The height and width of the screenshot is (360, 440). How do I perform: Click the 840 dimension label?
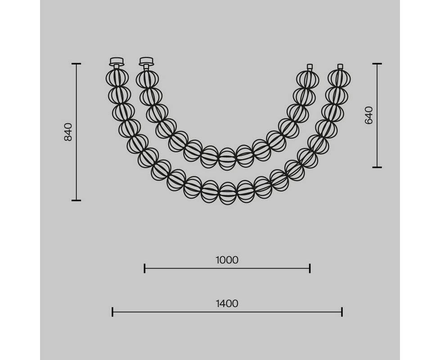coord(68,132)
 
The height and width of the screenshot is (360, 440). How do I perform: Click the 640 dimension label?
coord(368,115)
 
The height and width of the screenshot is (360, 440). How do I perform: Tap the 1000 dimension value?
coord(227,260)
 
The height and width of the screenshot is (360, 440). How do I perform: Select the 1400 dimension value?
coord(227,304)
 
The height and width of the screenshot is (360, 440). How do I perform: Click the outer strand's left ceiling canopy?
coord(117,62)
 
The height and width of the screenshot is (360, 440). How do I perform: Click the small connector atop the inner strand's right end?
coord(310,67)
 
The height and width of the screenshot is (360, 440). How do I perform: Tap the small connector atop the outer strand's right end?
coord(340,67)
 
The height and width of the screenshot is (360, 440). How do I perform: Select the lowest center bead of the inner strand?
coord(227,159)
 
